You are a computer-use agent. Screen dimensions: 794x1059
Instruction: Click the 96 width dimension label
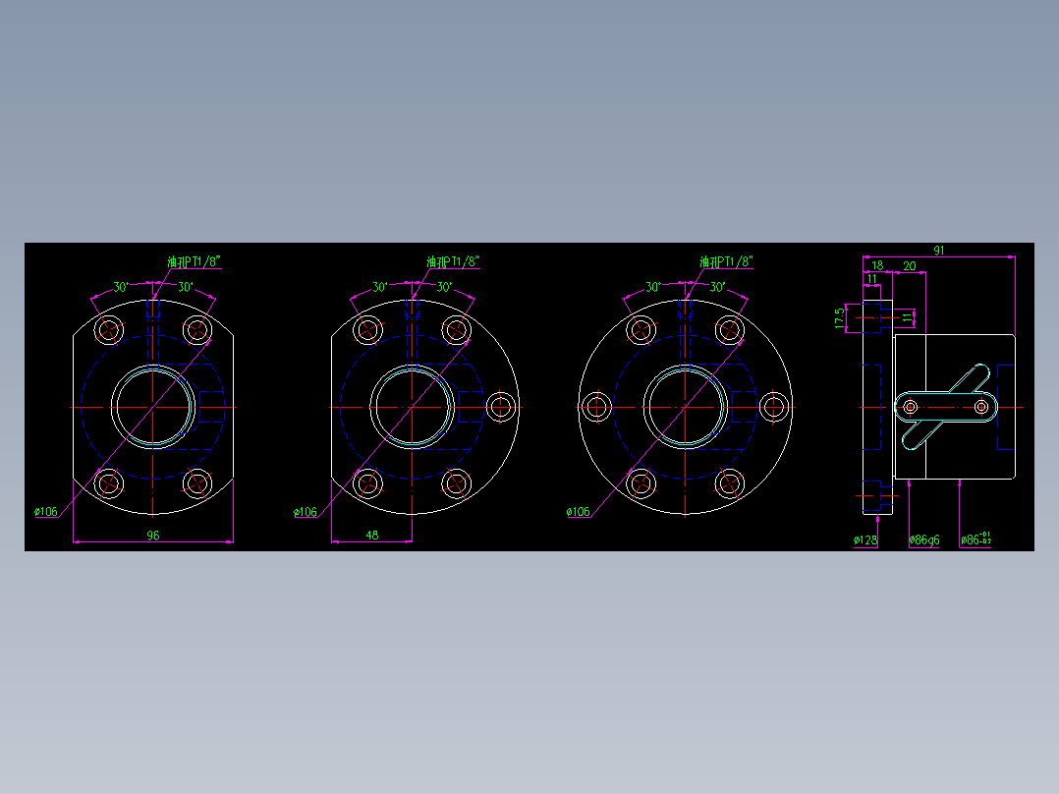(153, 536)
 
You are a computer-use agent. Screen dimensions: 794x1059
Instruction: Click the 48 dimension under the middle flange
(372, 536)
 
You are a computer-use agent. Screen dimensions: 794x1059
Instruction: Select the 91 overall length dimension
(939, 251)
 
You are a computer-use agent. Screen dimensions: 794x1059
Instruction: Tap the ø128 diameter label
(865, 539)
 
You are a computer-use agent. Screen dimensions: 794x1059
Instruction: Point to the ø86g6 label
(923, 539)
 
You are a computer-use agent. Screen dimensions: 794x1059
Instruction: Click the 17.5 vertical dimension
(838, 317)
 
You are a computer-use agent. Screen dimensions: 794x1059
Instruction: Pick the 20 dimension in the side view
(910, 266)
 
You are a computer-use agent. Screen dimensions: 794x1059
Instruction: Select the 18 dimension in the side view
(877, 266)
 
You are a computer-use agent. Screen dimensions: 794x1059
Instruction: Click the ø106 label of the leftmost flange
(45, 512)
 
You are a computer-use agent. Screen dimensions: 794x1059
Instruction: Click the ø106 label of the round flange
(579, 512)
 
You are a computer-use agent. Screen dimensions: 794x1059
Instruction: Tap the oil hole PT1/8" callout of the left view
(194, 261)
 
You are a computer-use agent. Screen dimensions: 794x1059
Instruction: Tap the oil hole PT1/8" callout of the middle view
(453, 261)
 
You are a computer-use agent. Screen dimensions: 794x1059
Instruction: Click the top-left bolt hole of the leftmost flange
(109, 329)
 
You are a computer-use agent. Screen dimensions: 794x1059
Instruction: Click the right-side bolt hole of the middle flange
(502, 406)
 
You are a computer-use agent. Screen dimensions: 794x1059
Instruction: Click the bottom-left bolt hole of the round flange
(641, 483)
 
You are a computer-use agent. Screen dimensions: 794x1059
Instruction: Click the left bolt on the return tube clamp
(911, 407)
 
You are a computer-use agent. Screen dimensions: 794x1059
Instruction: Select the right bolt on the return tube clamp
(981, 407)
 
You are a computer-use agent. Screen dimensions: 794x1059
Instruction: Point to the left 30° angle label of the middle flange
(380, 288)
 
